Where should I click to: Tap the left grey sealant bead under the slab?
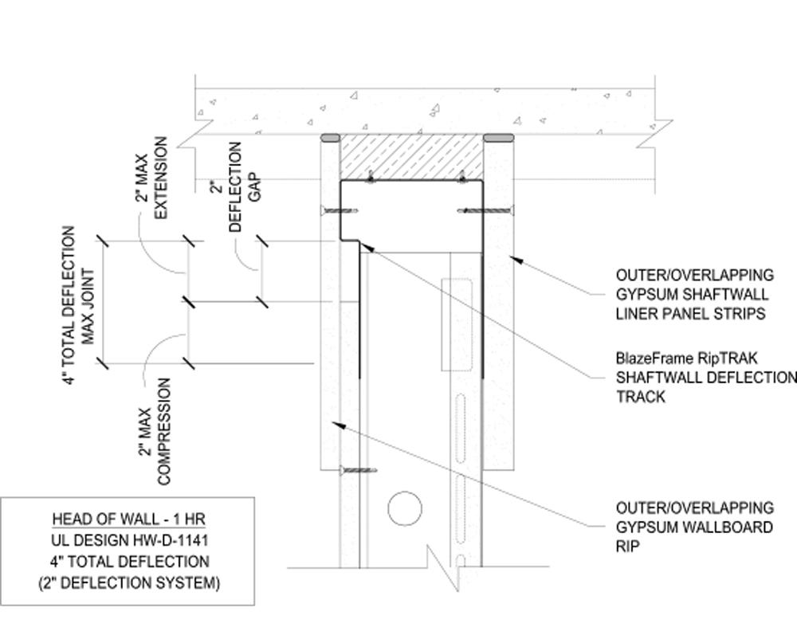(x=330, y=138)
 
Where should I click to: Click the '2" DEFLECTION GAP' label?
(x=246, y=187)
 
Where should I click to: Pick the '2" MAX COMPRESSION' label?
(x=155, y=431)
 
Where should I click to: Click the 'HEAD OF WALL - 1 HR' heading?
(x=128, y=519)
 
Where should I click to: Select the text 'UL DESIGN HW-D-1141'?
(x=128, y=540)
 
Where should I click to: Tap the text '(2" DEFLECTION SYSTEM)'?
(x=128, y=583)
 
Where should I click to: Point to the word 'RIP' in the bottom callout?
(x=627, y=547)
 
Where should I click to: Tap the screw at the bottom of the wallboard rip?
(x=357, y=471)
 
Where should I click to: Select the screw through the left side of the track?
(x=339, y=211)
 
